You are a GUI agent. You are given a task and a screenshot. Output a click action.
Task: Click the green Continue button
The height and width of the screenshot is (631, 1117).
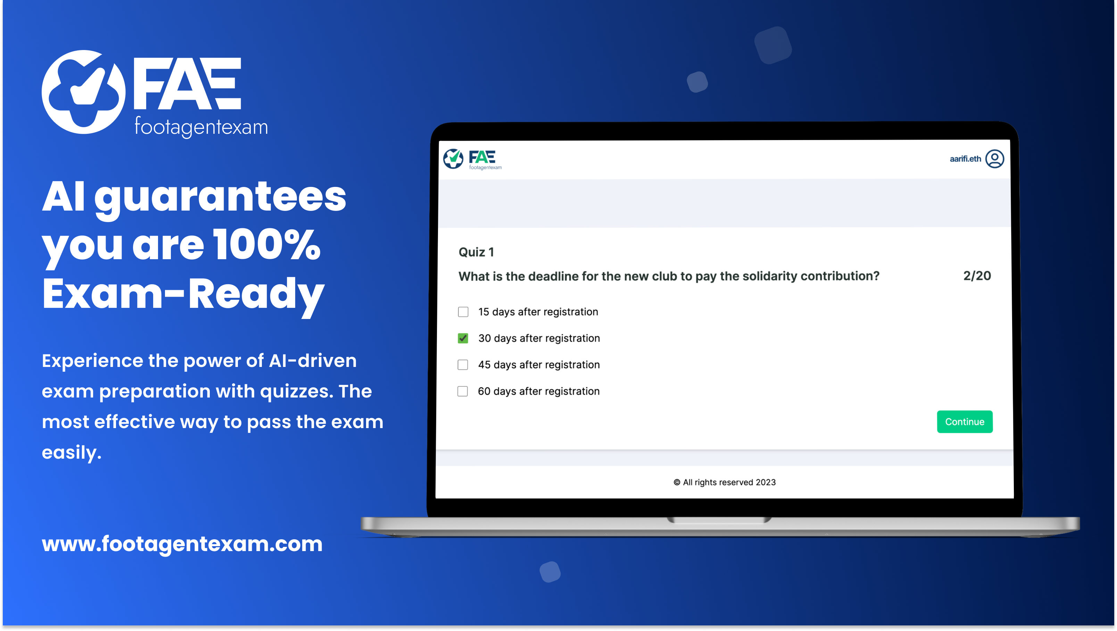pos(965,421)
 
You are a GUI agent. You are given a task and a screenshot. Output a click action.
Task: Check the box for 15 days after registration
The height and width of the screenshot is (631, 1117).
pos(463,312)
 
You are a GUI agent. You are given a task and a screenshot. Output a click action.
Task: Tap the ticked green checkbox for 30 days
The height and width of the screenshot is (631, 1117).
pos(463,338)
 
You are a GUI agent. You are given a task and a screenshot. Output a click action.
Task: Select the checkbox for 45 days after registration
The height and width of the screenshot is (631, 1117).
pos(463,365)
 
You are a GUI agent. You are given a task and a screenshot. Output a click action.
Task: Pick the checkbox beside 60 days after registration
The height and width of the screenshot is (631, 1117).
pos(463,391)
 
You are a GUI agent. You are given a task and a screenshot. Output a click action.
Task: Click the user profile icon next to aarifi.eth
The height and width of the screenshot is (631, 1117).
pos(995,159)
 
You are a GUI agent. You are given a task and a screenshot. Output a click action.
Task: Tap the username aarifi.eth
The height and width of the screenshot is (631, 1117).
pos(965,159)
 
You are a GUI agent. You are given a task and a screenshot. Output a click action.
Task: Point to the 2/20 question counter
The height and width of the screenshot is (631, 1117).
pos(977,276)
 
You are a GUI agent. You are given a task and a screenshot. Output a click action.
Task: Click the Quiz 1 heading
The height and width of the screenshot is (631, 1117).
pos(476,252)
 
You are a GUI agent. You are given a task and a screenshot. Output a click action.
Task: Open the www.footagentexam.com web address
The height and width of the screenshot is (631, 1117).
pos(182,544)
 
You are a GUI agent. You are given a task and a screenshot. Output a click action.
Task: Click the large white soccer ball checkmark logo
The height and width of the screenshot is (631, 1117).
pos(84,92)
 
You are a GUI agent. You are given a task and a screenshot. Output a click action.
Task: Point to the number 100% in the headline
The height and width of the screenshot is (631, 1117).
pos(267,245)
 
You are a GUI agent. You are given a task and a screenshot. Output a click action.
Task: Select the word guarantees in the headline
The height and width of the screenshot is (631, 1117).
pos(220,198)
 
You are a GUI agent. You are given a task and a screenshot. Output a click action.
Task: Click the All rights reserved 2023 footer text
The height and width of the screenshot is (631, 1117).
pos(725,482)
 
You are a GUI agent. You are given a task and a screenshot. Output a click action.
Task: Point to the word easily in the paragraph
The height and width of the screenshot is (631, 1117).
pos(72,453)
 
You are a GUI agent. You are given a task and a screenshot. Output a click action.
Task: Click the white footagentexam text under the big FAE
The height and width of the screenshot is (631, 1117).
pos(201,126)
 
